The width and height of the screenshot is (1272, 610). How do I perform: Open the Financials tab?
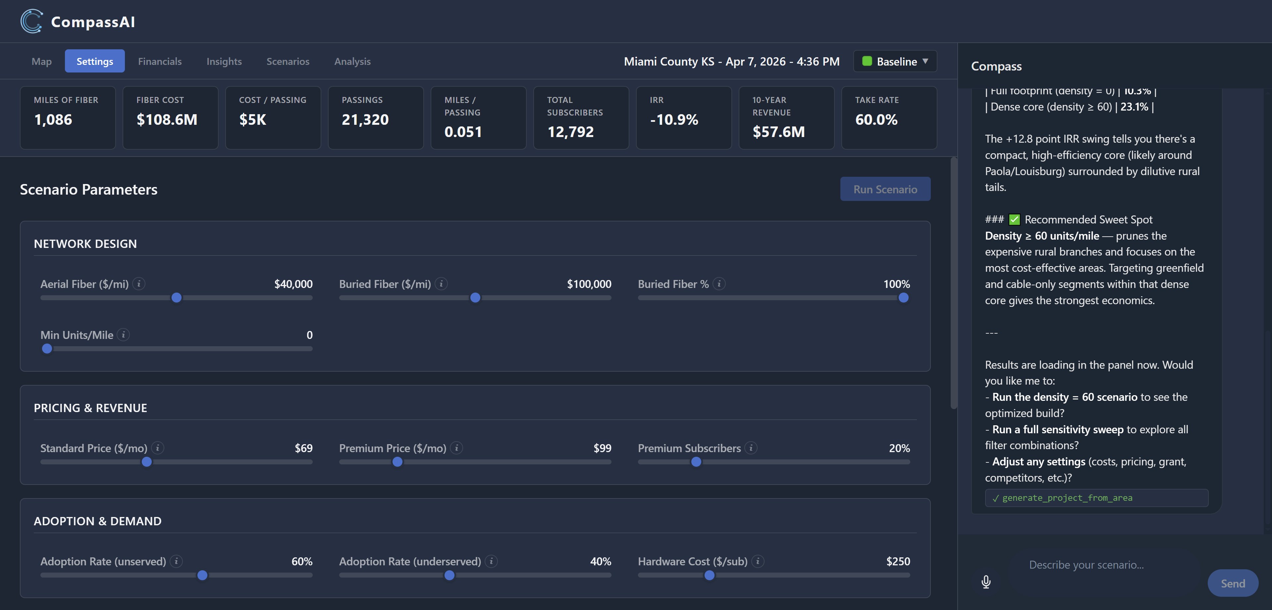[x=159, y=61]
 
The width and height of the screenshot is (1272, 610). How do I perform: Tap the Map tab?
[x=41, y=61]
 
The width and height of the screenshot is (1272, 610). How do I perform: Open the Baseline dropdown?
[x=895, y=61]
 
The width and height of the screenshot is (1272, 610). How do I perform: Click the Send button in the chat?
[x=1233, y=583]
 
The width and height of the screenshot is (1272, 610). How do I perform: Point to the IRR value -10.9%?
[x=674, y=119]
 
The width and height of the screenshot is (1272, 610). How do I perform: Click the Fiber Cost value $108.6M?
[x=167, y=119]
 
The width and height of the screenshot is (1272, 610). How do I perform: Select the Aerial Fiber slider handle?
[x=176, y=298]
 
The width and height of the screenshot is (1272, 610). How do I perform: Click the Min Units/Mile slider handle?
[x=47, y=349]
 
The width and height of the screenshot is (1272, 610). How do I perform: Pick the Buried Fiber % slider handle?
[x=903, y=298]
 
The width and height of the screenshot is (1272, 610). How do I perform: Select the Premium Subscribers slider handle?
[x=696, y=462]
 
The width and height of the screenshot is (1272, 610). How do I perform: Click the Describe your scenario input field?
[x=1086, y=565]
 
